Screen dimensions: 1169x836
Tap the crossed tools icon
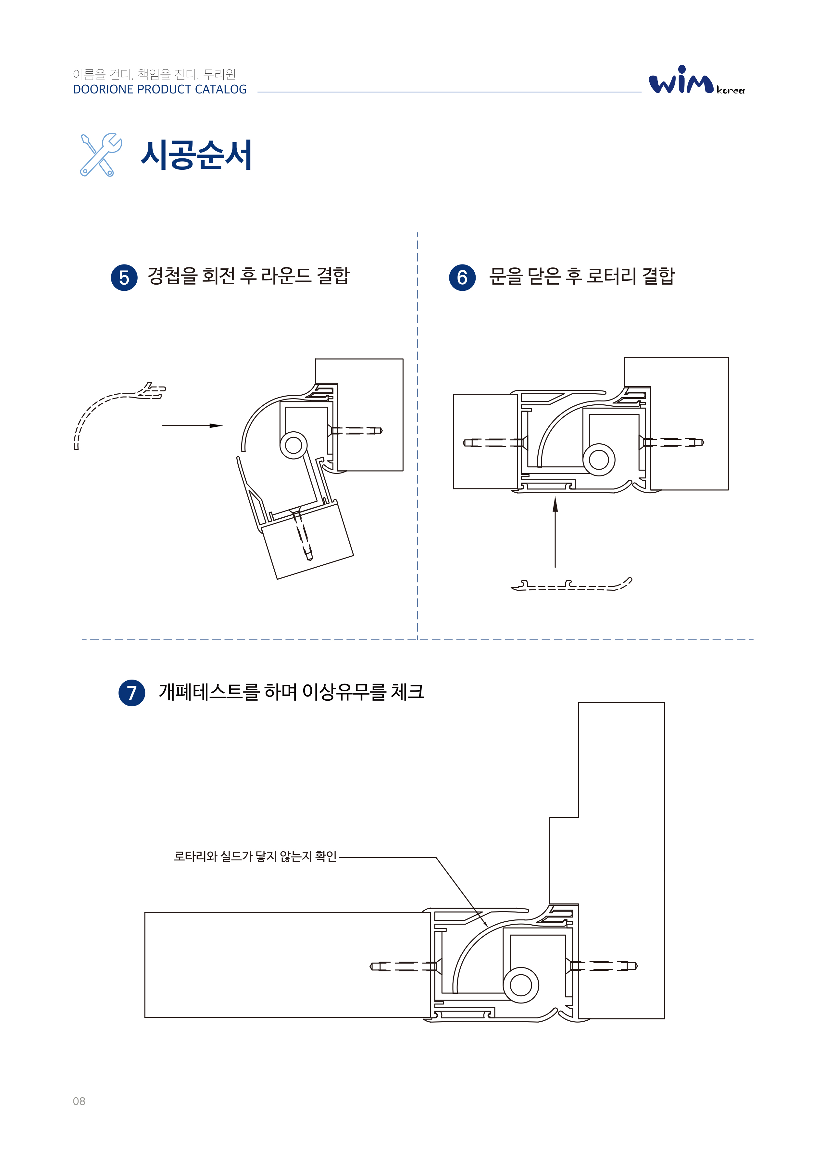[101, 154]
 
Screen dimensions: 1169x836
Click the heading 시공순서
[196, 154]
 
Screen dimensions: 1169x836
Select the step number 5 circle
[124, 278]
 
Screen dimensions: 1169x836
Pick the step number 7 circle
[132, 693]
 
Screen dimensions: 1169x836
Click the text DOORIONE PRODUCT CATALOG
[160, 90]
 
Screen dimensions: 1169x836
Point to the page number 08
[79, 1101]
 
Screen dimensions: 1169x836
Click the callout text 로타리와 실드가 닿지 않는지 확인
[255, 856]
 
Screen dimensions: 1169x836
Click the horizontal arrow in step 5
[192, 425]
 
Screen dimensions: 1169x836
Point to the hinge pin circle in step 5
[293, 445]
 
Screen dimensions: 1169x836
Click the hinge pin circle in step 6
[599, 459]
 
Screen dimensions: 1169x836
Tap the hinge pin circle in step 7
[521, 985]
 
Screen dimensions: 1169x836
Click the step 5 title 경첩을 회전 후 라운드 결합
[248, 276]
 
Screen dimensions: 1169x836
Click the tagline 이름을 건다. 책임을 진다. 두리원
[155, 75]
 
